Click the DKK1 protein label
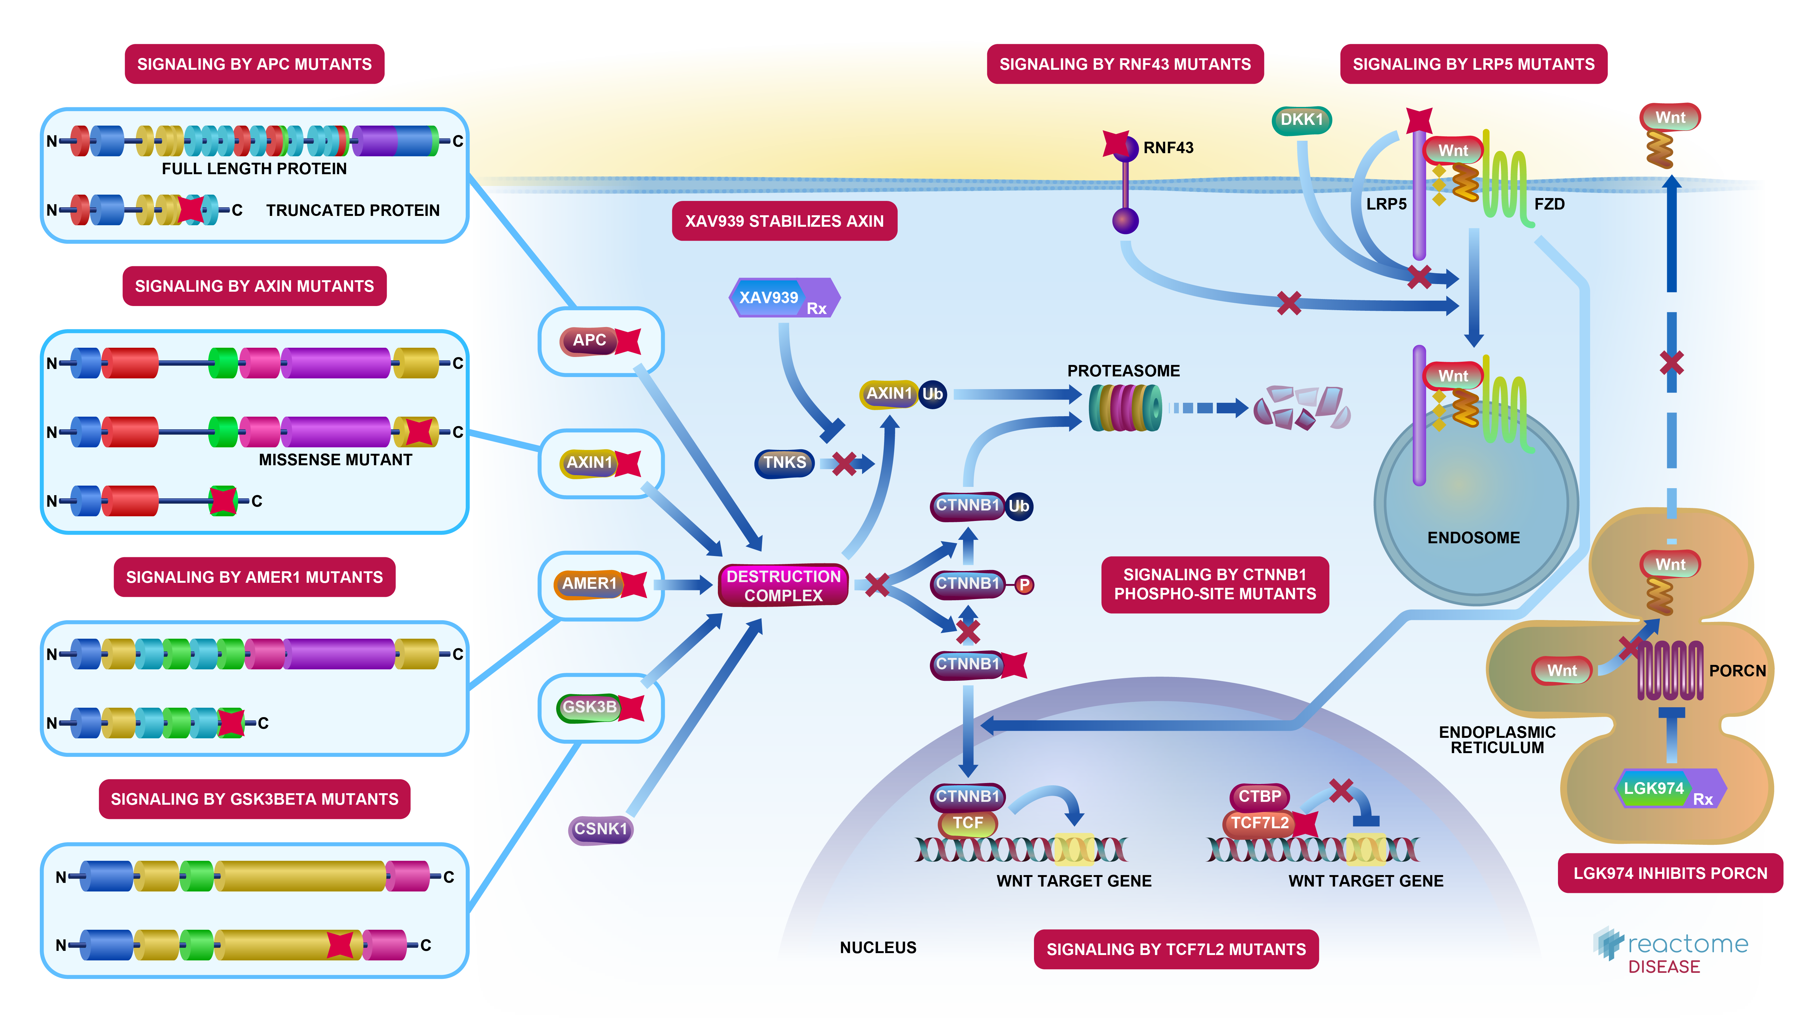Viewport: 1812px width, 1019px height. (1301, 120)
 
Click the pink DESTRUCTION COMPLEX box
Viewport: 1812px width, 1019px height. (783, 586)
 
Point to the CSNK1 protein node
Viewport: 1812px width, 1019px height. (600, 829)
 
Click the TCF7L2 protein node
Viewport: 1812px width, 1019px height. (1259, 823)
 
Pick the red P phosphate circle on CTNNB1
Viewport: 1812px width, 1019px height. (1024, 585)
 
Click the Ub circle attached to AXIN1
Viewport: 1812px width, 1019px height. (933, 394)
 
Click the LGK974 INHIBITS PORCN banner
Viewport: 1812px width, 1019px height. (1670, 873)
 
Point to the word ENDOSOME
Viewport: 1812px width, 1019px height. (1473, 538)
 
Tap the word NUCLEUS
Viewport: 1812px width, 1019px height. (878, 947)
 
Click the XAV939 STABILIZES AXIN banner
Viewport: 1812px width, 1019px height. (784, 221)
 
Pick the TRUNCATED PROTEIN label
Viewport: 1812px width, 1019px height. (352, 210)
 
